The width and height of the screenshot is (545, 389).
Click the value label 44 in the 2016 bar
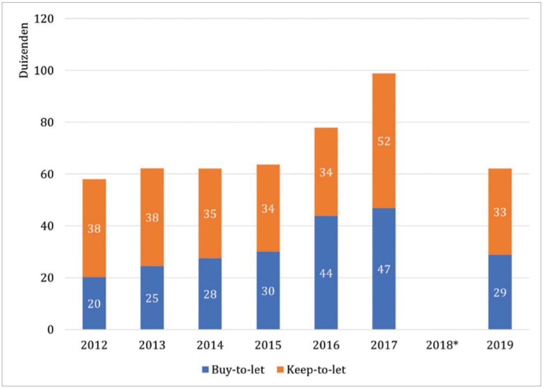coord(326,273)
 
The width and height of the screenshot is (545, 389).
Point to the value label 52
coord(384,142)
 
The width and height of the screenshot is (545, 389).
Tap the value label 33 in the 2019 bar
coord(500,213)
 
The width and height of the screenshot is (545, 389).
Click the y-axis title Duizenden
coord(24,54)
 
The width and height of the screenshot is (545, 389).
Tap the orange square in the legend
coord(281,370)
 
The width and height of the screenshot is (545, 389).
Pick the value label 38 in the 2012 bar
coord(94,228)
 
